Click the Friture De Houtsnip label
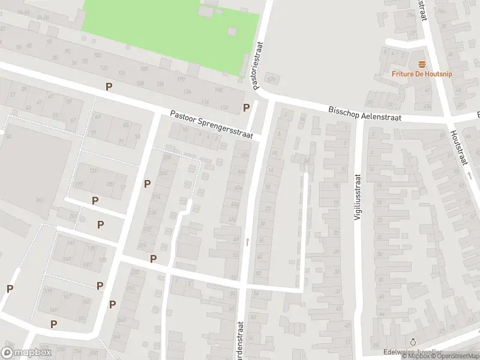pyautogui.click(x=422, y=74)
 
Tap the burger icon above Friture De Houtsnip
pyautogui.click(x=422, y=64)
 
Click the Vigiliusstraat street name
pyautogui.click(x=357, y=196)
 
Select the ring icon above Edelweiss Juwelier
pyautogui.click(x=413, y=343)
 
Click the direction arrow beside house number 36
pyautogui.click(x=247, y=241)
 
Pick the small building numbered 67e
pyautogui.click(x=273, y=79)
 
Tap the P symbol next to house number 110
pyautogui.click(x=246, y=107)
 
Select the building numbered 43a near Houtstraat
pyautogui.click(x=427, y=106)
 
